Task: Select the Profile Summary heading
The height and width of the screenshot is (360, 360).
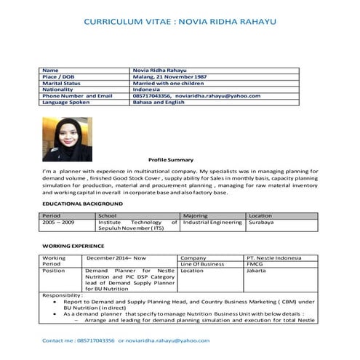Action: (171, 159)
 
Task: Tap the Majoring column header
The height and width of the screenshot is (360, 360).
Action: (195, 216)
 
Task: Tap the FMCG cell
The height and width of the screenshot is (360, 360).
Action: (255, 264)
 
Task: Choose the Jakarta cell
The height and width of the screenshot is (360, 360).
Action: (256, 271)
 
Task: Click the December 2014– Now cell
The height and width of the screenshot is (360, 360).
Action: (116, 257)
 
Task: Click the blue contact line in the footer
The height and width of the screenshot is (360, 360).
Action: (125, 340)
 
